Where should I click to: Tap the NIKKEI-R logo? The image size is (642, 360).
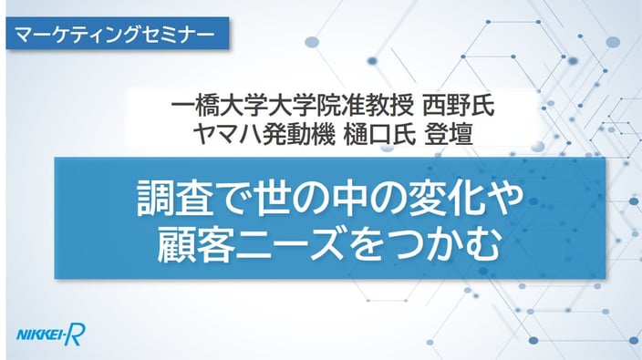[x=51, y=334]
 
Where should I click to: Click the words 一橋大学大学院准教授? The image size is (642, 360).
[x=292, y=108]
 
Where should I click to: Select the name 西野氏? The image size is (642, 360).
[x=458, y=108]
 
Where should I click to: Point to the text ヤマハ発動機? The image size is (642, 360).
[x=264, y=134]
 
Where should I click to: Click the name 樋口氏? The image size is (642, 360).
[x=379, y=134]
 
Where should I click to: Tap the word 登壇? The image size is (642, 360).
[x=450, y=134]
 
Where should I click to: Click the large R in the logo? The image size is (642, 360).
[x=77, y=334]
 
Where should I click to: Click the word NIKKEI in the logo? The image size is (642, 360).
[x=40, y=335]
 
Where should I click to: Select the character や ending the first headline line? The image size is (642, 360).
[x=504, y=200]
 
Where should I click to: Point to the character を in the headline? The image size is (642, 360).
[x=368, y=245]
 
